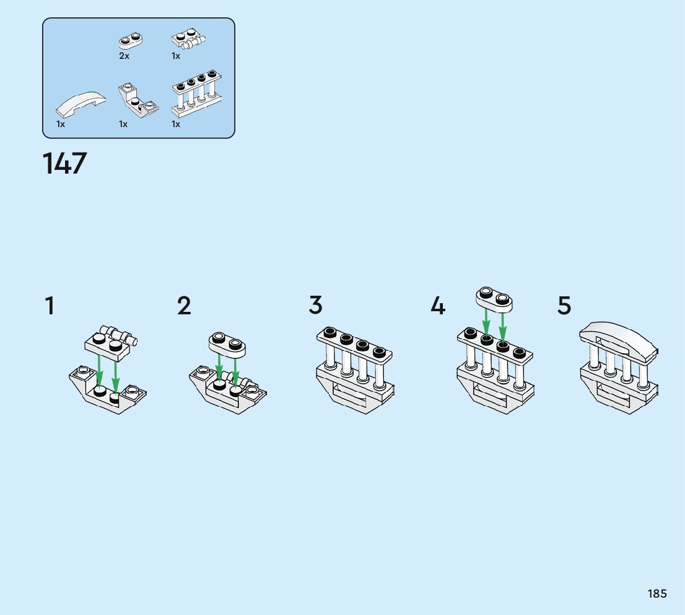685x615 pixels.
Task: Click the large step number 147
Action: (x=64, y=163)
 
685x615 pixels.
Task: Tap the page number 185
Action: (x=657, y=593)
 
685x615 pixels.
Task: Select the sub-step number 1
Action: (x=50, y=305)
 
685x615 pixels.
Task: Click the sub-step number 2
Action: (x=184, y=305)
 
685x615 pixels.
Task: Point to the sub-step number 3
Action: (x=315, y=305)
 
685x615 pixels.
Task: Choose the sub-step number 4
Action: (x=438, y=305)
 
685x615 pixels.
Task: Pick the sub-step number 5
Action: (x=564, y=305)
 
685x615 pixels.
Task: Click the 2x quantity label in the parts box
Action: (x=124, y=56)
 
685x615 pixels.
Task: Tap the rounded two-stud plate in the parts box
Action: (x=131, y=41)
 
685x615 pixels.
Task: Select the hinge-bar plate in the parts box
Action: (x=188, y=39)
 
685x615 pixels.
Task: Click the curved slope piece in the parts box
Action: (x=81, y=104)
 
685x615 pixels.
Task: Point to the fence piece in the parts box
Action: (x=197, y=94)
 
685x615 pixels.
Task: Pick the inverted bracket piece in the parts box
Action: (x=138, y=100)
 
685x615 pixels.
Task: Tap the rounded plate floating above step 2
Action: (x=227, y=344)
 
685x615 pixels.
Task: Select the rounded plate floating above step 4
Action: (x=494, y=299)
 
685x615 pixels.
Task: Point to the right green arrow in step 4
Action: (x=503, y=328)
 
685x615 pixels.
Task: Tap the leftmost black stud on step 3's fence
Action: (x=330, y=332)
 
